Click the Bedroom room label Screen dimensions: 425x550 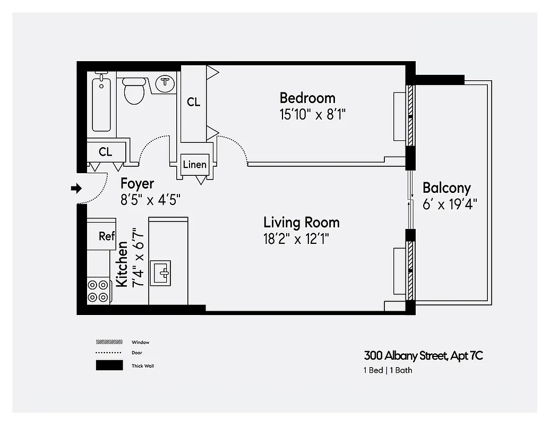tap(307, 98)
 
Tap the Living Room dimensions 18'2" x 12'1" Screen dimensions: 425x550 tap(297, 239)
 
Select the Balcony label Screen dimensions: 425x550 tap(446, 188)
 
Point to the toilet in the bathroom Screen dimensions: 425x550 tap(134, 90)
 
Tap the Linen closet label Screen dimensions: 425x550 tap(194, 165)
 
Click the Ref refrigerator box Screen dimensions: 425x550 tap(106, 236)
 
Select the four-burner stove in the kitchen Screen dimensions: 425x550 tap(98, 291)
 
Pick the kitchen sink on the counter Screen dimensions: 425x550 tap(160, 273)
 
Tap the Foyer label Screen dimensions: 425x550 tap(137, 184)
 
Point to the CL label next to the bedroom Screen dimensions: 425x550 tap(194, 102)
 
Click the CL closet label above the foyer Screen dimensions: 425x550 tap(106, 152)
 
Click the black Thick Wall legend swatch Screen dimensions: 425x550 tap(109, 365)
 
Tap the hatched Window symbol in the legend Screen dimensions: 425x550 tap(109, 342)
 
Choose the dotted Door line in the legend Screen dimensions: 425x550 tap(109, 353)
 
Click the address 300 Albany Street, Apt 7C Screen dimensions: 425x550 tap(423, 355)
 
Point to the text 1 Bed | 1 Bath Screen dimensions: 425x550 tap(388, 370)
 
